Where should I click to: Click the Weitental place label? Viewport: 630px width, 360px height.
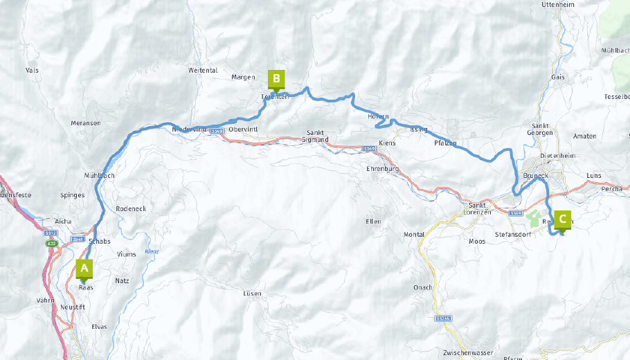pos(203,71)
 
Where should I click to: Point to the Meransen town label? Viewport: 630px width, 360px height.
pos(86,123)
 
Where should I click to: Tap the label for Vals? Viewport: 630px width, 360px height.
pos(32,71)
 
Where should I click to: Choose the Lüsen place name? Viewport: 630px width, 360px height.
pos(253,294)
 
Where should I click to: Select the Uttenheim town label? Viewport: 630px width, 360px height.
pos(559,5)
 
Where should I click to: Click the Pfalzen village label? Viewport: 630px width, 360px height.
pos(446,143)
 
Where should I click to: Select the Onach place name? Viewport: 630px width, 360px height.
pos(422,287)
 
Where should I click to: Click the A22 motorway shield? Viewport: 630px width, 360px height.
pos(52,244)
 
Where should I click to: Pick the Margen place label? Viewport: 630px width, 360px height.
pos(243,78)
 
